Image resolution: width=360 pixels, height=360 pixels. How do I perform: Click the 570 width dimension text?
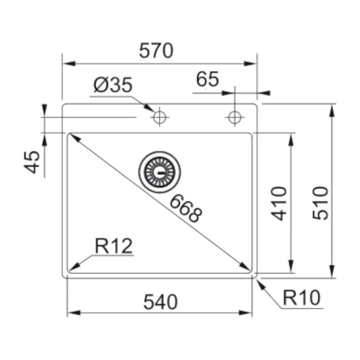[x=156, y=51]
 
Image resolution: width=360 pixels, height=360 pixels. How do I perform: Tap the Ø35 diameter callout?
[x=113, y=85]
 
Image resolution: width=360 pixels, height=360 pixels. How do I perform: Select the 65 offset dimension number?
[x=208, y=79]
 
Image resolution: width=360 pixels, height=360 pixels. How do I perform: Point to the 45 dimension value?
[x=32, y=162]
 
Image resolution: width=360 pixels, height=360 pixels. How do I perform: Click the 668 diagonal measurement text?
[x=186, y=208]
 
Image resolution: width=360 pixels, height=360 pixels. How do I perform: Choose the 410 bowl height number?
[x=279, y=204]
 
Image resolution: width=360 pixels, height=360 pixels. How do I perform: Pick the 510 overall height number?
[x=321, y=204]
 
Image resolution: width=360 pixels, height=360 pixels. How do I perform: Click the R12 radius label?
[x=114, y=246]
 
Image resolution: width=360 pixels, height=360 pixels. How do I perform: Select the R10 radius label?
[x=301, y=298]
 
